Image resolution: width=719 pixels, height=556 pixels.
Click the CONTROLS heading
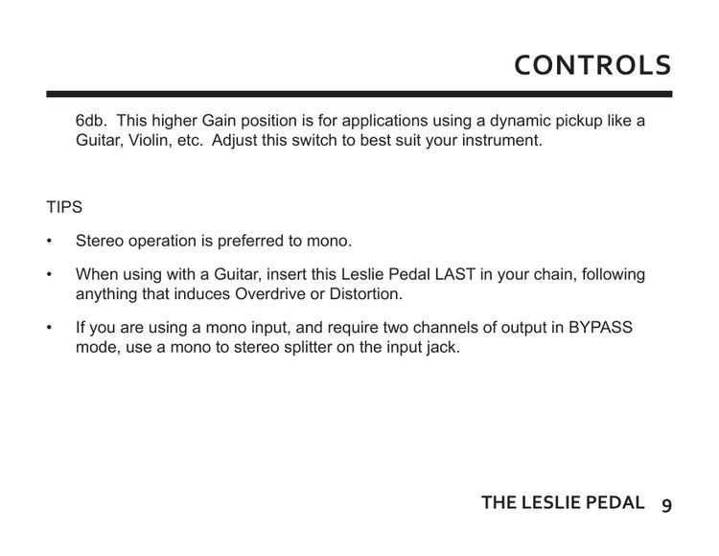[592, 65]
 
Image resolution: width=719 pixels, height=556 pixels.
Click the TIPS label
[64, 208]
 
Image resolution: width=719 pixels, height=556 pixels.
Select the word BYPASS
[600, 328]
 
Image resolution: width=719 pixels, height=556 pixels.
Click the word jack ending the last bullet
[443, 347]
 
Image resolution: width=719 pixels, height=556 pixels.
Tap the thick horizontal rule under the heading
[359, 94]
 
